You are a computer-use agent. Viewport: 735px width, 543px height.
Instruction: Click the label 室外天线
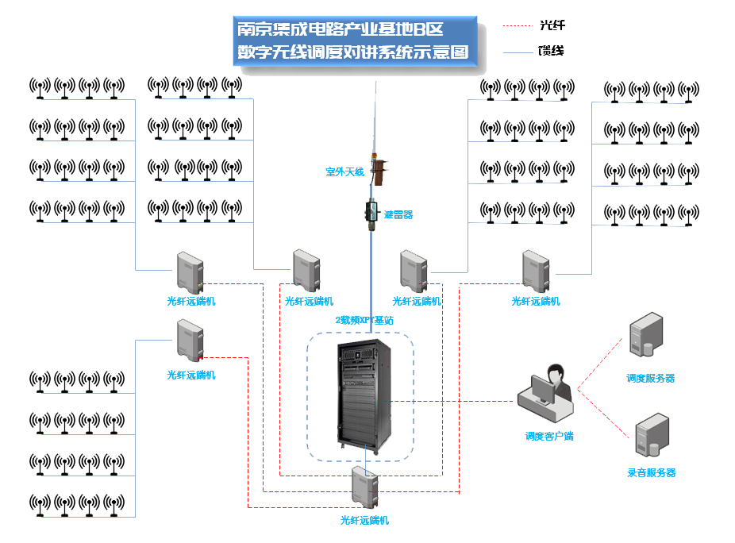[344, 171]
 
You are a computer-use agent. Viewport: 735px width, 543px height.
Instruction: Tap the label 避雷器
[398, 214]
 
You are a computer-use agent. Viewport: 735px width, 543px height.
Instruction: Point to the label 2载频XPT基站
[364, 320]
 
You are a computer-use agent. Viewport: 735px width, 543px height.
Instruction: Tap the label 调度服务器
[651, 379]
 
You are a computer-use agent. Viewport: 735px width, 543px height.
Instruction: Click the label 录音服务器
[652, 473]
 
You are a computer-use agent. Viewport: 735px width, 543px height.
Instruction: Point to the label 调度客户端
[549, 436]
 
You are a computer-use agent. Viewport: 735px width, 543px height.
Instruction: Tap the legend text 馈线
[551, 52]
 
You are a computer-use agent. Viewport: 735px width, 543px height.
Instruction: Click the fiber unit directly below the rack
[365, 489]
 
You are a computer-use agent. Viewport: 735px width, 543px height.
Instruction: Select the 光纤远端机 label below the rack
[365, 521]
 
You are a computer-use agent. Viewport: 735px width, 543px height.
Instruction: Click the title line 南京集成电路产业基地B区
[341, 29]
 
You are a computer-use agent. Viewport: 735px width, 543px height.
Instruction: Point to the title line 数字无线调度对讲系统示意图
[353, 53]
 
